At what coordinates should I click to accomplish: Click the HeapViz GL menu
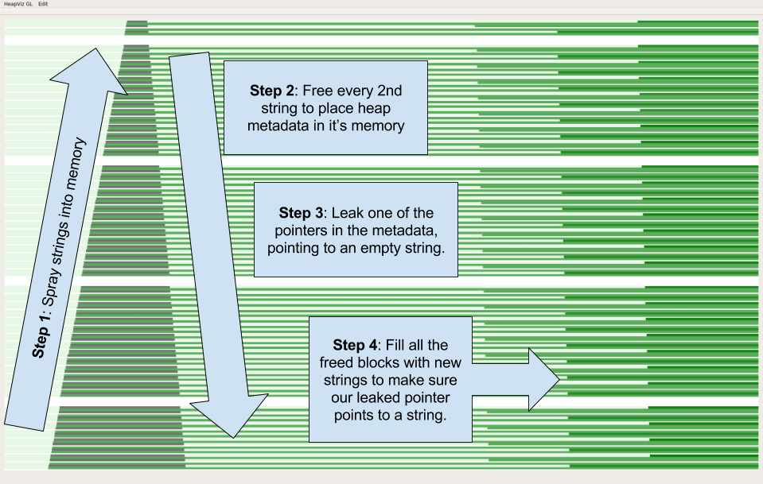(x=17, y=4)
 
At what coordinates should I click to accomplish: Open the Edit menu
(x=44, y=4)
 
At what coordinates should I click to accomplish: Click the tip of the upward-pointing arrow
(x=96, y=49)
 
